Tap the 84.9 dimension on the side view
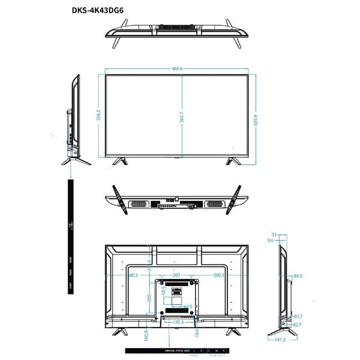coord(298,277)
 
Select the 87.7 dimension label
coord(298,316)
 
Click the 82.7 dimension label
coord(298,325)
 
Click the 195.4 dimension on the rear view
coord(178,323)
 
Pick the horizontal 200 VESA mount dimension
coord(176,275)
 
